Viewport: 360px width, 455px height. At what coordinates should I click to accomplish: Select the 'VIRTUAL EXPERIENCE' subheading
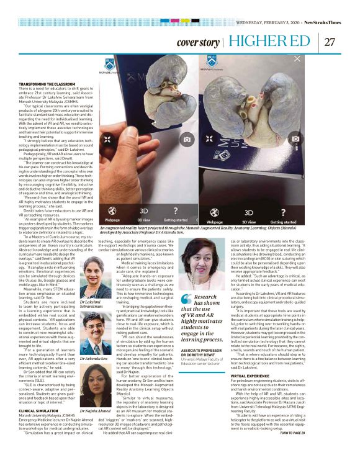coord(250,393)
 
